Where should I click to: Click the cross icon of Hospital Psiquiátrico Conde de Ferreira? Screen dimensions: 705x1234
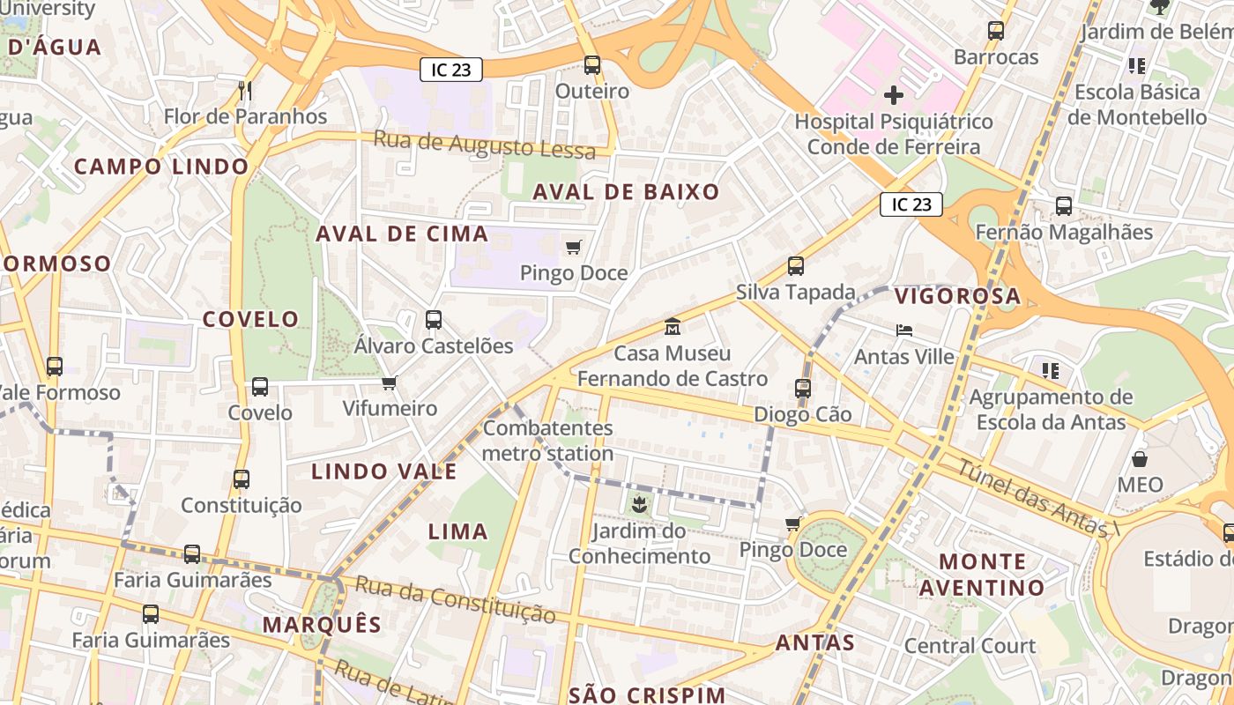tap(894, 95)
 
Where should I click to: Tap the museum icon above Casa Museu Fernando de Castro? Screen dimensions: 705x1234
tap(673, 327)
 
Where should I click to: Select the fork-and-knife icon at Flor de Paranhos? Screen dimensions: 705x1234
tap(245, 90)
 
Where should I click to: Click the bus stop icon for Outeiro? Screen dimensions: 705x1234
tap(592, 64)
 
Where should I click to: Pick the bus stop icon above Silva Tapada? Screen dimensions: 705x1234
tap(796, 265)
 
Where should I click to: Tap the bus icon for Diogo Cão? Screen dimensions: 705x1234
tap(802, 388)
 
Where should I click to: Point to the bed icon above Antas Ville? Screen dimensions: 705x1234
tap(903, 330)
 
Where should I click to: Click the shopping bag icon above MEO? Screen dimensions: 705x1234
tap(1140, 458)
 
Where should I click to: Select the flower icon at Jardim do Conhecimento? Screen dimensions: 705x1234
tap(639, 505)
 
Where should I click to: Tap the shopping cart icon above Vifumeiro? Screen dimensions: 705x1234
tap(389, 382)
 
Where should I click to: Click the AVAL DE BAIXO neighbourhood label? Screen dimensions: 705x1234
tap(626, 192)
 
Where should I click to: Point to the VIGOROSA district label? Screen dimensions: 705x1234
tap(957, 296)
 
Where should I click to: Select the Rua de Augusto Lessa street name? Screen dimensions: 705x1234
tap(484, 145)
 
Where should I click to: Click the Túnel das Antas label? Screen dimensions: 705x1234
tap(1037, 499)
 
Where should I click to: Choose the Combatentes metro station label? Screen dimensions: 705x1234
tap(547, 441)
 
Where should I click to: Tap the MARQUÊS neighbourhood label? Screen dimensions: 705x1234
tap(322, 625)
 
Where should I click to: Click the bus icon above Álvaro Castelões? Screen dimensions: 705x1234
tap(433, 320)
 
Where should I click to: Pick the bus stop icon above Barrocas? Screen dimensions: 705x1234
tap(996, 31)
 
